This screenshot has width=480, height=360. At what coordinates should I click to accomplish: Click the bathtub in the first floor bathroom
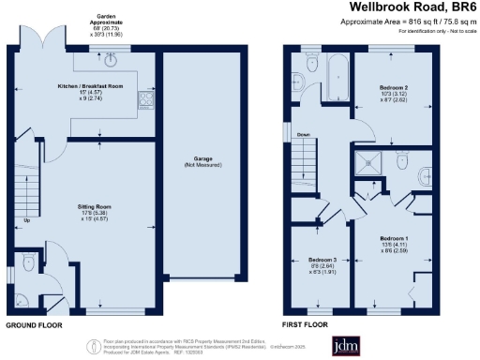pos(336,72)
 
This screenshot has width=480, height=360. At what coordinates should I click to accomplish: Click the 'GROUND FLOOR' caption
pos(36,325)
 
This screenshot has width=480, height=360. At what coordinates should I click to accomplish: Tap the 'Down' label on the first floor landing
pos(303,134)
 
